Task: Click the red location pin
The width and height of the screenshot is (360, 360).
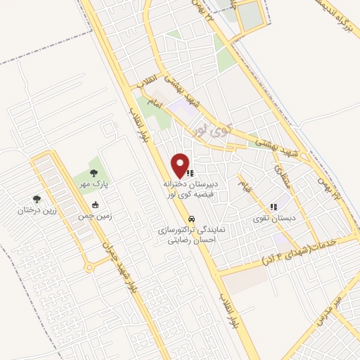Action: (x=181, y=165)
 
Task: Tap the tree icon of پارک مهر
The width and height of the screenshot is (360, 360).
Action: (x=94, y=172)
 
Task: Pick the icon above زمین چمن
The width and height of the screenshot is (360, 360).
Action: (x=95, y=205)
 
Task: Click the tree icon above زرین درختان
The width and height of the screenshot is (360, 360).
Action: (x=37, y=200)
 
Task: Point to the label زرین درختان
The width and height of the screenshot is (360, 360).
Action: (x=36, y=210)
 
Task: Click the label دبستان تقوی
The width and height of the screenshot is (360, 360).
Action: (x=274, y=219)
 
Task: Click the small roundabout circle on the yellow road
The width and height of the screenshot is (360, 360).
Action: (x=89, y=267)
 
